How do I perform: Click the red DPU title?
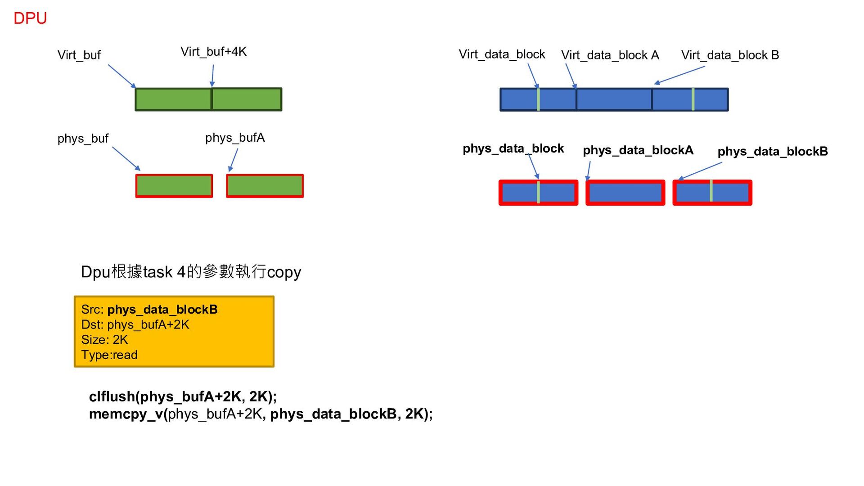[x=30, y=18]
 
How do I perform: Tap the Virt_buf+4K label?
[x=213, y=52]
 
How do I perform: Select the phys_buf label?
[x=83, y=139]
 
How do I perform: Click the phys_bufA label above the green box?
[x=235, y=138]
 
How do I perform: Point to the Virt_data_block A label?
[x=610, y=55]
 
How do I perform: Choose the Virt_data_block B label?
[x=730, y=55]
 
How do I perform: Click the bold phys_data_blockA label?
[x=638, y=150]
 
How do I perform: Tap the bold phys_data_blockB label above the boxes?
[x=772, y=152]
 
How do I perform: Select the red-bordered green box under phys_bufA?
[x=265, y=186]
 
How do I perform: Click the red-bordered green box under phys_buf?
[x=174, y=186]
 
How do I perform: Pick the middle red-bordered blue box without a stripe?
[x=625, y=193]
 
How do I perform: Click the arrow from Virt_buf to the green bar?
[x=121, y=76]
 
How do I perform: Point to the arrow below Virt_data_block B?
[x=679, y=75]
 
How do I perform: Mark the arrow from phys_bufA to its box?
[x=233, y=160]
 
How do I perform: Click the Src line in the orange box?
[x=149, y=310]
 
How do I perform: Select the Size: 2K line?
[x=104, y=340]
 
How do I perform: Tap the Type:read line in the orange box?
[x=109, y=355]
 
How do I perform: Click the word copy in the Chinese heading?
[x=283, y=273]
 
